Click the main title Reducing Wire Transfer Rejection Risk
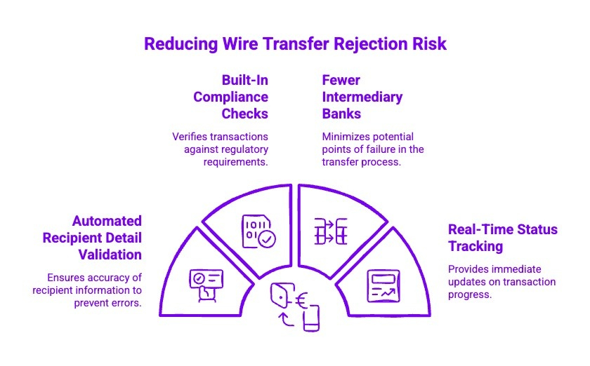(x=295, y=43)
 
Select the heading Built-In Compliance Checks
(x=231, y=97)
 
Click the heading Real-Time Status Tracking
(x=502, y=238)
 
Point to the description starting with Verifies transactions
(x=221, y=149)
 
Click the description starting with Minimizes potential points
(x=372, y=149)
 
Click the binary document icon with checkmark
(x=258, y=231)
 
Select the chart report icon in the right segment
(x=381, y=285)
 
